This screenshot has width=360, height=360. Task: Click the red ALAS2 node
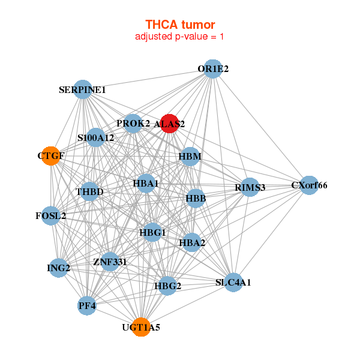click(169, 124)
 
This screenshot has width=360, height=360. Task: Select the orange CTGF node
click(51, 156)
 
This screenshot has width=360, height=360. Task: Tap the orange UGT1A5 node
click(141, 327)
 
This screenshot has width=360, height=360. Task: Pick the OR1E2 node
click(213, 69)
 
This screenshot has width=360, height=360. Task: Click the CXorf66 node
click(309, 185)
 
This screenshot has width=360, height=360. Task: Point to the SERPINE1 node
click(82, 90)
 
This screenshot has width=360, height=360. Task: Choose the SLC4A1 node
click(233, 282)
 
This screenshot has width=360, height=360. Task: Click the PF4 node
click(87, 306)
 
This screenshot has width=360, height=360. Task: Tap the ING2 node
click(59, 268)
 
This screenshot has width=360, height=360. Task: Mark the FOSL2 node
click(51, 215)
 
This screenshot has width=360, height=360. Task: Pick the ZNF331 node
click(110, 262)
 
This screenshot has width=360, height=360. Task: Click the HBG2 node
click(168, 286)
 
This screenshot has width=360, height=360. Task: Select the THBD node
click(90, 191)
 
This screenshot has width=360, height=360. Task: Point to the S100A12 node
click(95, 137)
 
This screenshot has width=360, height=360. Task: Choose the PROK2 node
click(133, 124)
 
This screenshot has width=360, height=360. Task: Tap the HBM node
click(190, 157)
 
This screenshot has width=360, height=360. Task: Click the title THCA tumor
click(180, 25)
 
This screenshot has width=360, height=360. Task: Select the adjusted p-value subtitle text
click(180, 37)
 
